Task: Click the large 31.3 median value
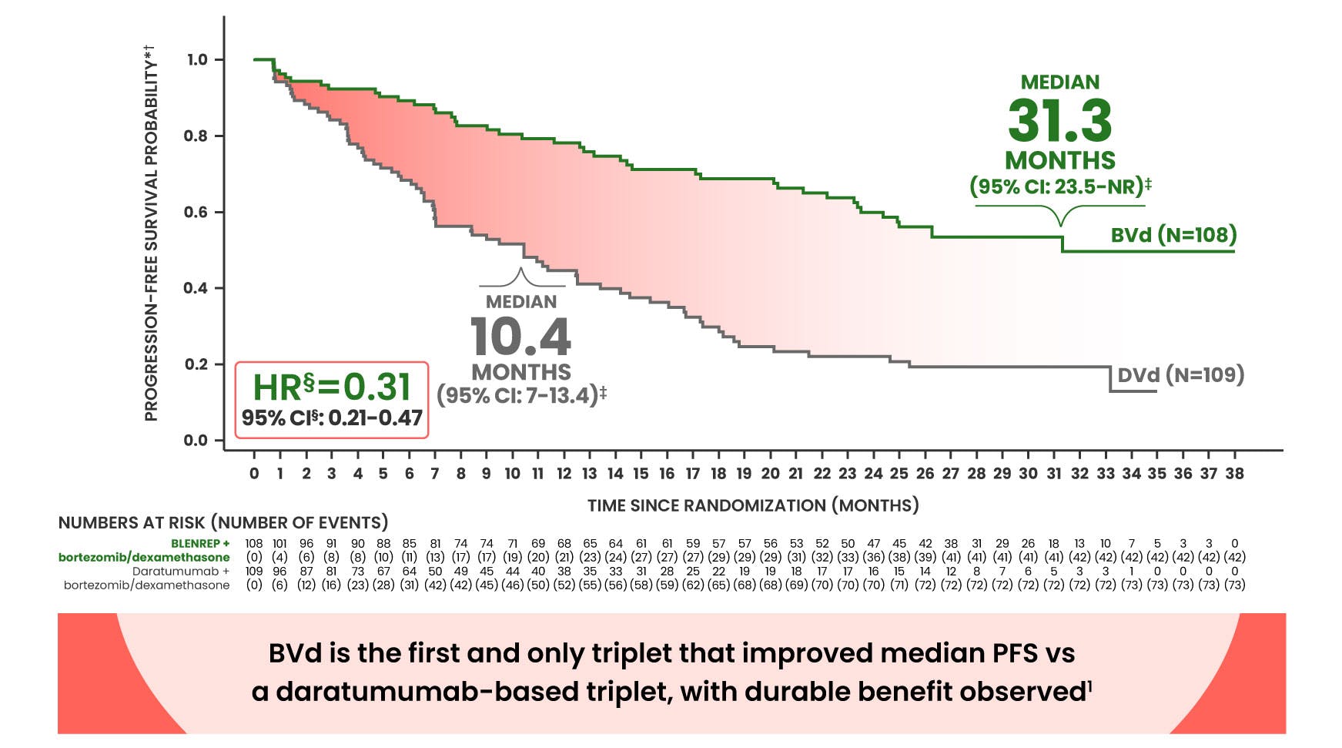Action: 1059,120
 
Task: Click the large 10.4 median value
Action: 521,337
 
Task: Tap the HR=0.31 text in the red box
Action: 332,387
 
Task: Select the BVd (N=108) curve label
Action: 1173,234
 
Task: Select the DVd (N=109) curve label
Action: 1180,375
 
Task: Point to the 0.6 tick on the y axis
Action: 196,212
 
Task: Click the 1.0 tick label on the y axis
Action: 196,59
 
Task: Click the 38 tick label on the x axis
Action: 1234,474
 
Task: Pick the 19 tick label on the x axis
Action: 744,474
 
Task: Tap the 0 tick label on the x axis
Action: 254,474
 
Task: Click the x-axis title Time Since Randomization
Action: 752,505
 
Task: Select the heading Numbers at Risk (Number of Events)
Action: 223,522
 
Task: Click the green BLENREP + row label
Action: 200,543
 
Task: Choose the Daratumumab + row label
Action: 181,572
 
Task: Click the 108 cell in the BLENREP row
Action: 254,543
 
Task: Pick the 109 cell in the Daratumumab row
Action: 254,572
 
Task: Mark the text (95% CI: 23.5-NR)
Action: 1059,186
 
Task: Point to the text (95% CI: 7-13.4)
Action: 521,395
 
